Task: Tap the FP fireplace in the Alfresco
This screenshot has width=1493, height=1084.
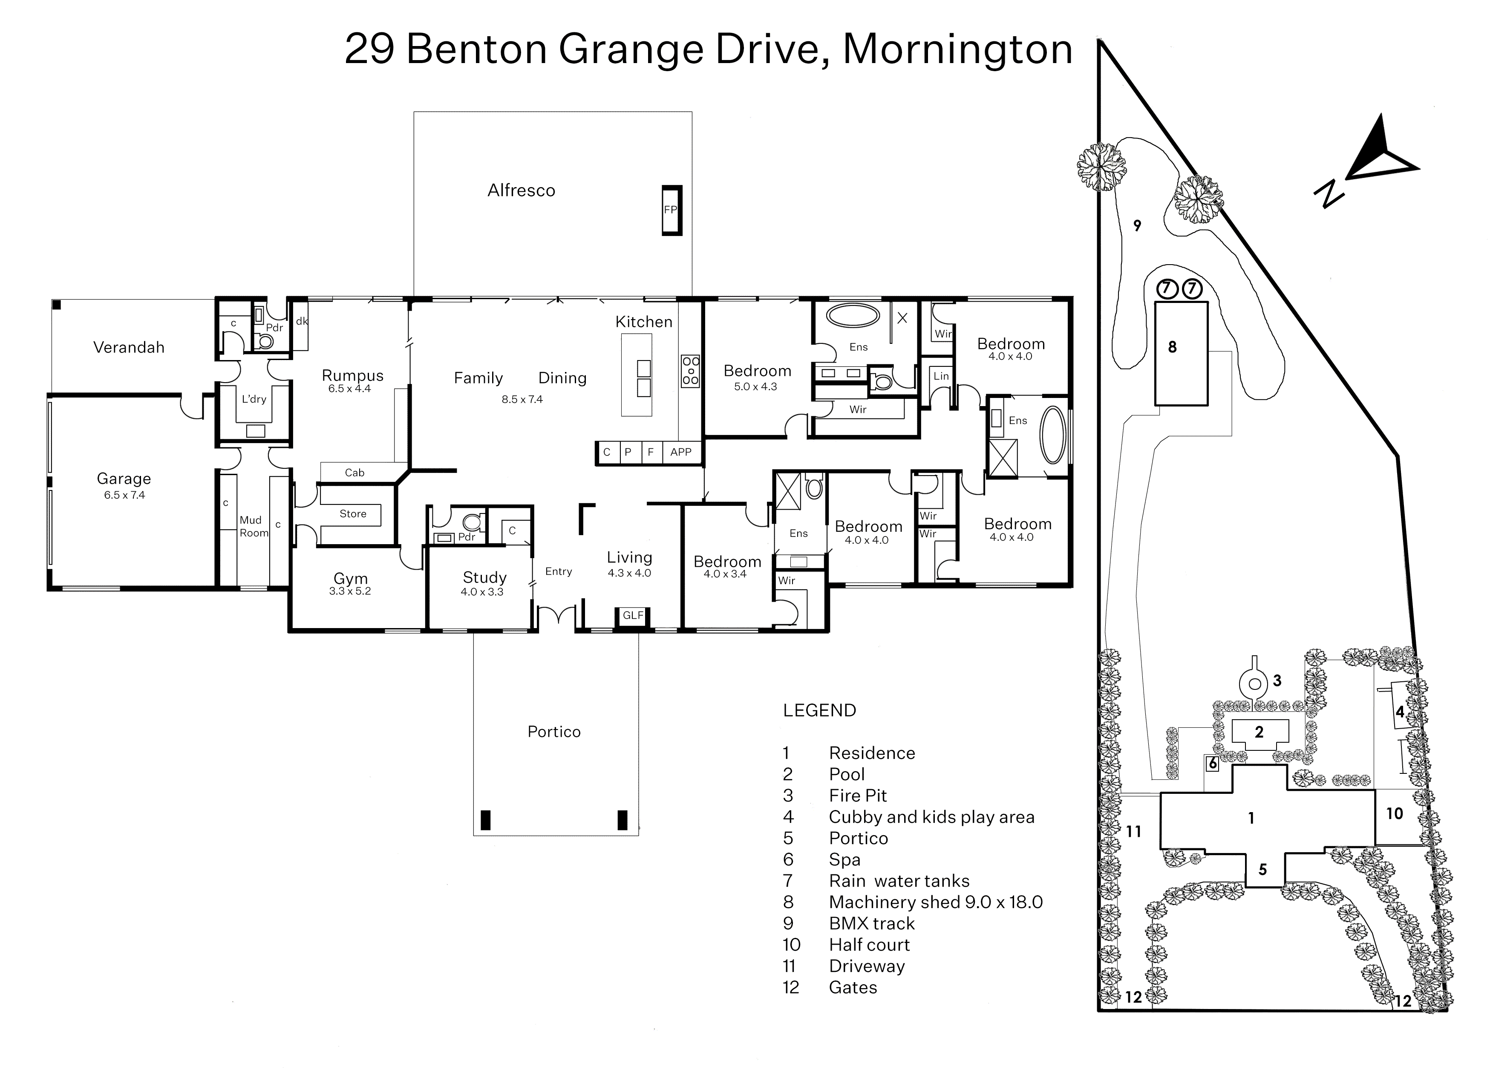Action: pyautogui.click(x=672, y=210)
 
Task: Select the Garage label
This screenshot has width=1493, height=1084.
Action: pyautogui.click(x=124, y=479)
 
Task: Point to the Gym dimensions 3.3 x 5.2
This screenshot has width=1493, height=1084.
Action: pyautogui.click(x=350, y=591)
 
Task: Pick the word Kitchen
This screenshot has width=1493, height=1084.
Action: pyautogui.click(x=644, y=322)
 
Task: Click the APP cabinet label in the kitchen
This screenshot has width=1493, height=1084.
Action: pyautogui.click(x=681, y=452)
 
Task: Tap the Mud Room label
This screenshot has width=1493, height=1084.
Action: pyautogui.click(x=254, y=527)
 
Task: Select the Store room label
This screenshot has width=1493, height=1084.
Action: pyautogui.click(x=353, y=514)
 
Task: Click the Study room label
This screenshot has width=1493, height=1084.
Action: pyautogui.click(x=484, y=578)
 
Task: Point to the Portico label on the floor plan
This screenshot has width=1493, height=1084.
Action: pyautogui.click(x=554, y=732)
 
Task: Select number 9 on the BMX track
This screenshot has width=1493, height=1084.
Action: pyautogui.click(x=1137, y=226)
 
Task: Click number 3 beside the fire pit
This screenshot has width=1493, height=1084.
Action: pyautogui.click(x=1277, y=680)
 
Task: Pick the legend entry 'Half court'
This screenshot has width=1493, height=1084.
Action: pyautogui.click(x=869, y=945)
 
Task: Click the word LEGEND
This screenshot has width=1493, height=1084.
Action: pyautogui.click(x=819, y=711)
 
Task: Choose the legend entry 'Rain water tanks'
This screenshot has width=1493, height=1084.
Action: pyautogui.click(x=899, y=881)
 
